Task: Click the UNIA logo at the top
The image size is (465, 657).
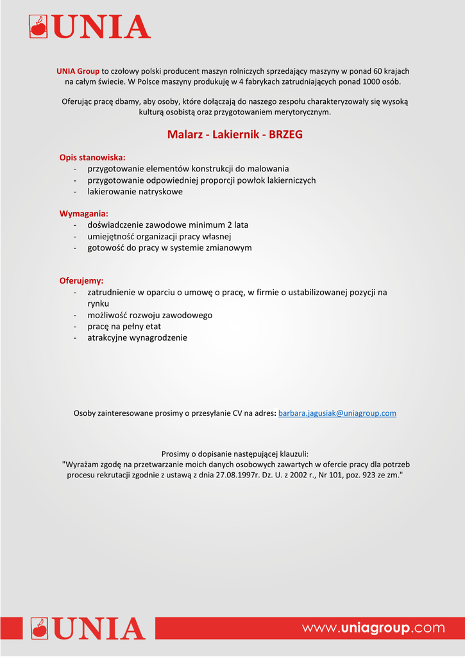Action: [x=90, y=27]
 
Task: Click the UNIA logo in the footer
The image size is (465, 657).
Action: [x=89, y=628]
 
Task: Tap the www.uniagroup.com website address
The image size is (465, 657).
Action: [x=373, y=627]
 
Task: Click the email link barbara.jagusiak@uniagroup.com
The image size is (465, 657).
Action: [x=337, y=413]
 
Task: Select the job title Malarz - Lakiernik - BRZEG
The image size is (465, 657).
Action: [x=235, y=135]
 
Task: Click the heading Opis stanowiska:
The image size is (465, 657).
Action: [x=92, y=157]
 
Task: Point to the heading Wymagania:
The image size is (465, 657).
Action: [x=84, y=214]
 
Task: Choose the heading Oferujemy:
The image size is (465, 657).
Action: [x=81, y=281]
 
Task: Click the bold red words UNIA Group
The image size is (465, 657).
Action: [x=78, y=71]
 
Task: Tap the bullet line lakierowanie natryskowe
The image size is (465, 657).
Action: [x=135, y=192]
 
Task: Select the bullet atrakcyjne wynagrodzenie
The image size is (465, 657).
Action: [x=137, y=337]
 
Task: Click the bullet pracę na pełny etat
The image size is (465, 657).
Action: [x=124, y=327]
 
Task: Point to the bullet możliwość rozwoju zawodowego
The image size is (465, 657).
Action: [x=149, y=315]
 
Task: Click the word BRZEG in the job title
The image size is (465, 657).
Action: [x=285, y=135]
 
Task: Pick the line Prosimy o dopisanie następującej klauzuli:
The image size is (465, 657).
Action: [x=235, y=453]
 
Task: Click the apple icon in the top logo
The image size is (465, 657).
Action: [x=39, y=28]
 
